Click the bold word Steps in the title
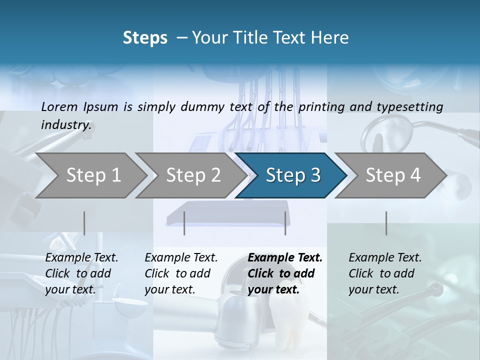point(145,38)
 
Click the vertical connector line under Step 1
point(84,223)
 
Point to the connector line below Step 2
point(184,223)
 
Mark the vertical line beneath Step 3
point(285,223)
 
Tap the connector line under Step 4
point(386,223)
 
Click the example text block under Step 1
point(81,273)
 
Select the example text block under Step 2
point(181,273)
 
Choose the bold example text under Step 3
point(285,273)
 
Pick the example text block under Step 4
point(385,273)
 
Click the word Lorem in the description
point(59,106)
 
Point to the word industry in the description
point(66,124)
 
